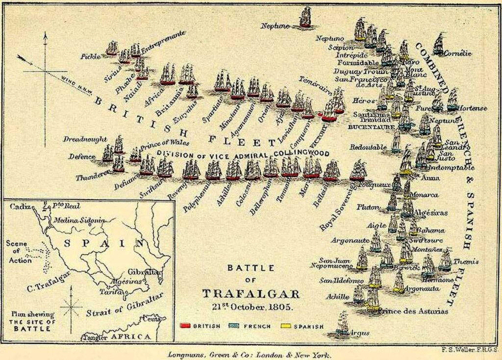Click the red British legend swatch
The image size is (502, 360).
tap(185, 325)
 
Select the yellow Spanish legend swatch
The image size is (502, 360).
tap(285, 325)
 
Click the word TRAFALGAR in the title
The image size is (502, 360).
tap(251, 293)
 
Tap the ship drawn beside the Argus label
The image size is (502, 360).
tap(342, 323)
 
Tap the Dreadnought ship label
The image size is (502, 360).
tap(84, 139)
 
